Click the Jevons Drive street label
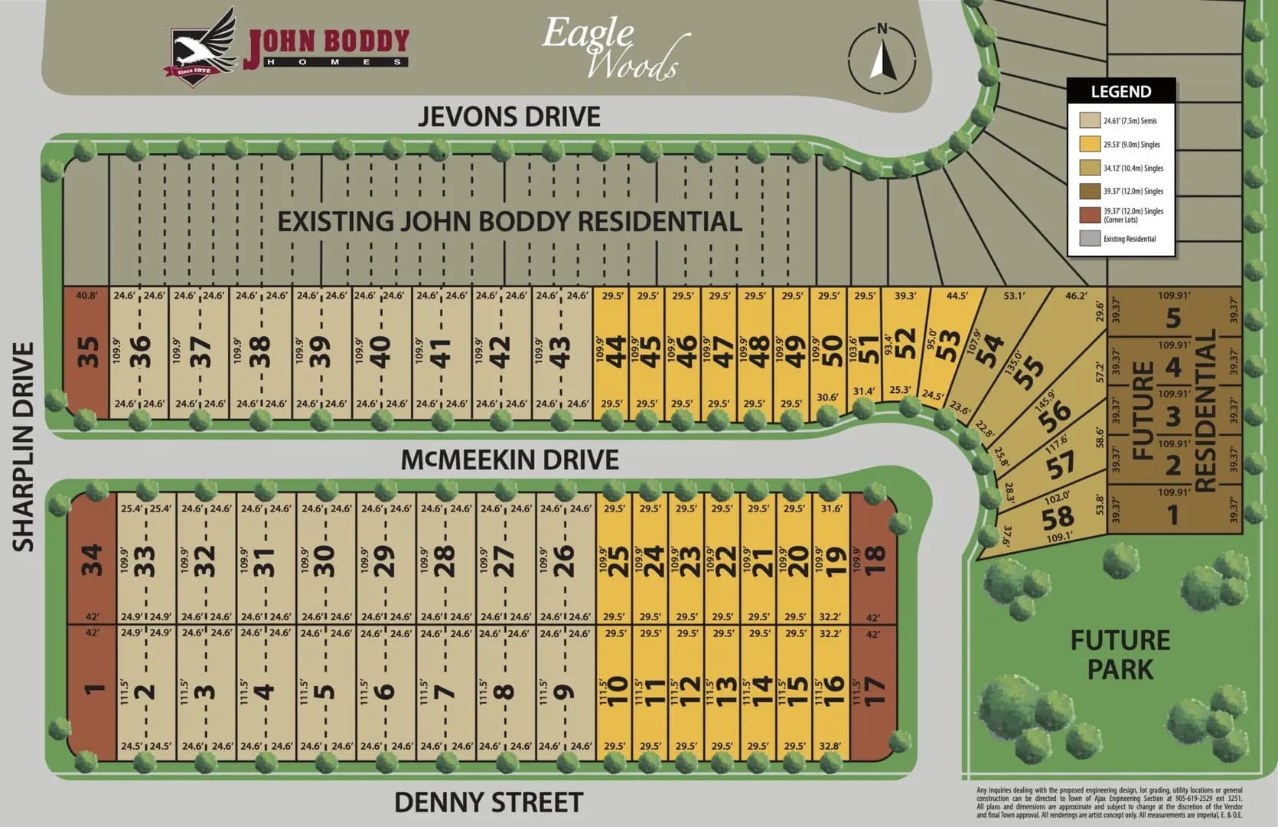tap(509, 116)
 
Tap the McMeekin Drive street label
tap(510, 459)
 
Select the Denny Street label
tap(488, 802)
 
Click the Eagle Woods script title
tap(610, 48)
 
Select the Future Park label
tap(1120, 655)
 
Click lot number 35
tap(88, 352)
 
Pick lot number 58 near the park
tap(1058, 518)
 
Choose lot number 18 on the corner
tap(875, 560)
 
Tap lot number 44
tap(616, 352)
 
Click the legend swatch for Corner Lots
tap(1090, 215)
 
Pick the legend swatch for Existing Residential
tap(1090, 239)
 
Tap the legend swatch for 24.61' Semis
tap(1090, 120)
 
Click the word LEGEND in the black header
tap(1120, 92)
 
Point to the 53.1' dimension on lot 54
tap(1014, 296)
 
